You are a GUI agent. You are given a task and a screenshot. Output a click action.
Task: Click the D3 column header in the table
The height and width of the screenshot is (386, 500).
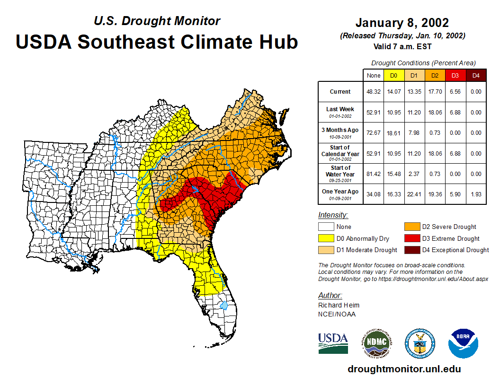(x=455, y=75)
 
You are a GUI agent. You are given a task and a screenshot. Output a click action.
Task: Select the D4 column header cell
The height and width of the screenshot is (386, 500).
(x=476, y=75)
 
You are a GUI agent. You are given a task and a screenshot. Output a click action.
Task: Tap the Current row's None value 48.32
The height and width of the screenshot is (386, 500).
(x=374, y=92)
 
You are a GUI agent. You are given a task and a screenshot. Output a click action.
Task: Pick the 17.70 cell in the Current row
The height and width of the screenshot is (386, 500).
(x=435, y=92)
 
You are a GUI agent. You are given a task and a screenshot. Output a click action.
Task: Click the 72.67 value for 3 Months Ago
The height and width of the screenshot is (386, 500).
(x=374, y=133)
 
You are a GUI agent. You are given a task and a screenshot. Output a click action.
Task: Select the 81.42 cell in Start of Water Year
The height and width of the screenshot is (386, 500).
(x=374, y=174)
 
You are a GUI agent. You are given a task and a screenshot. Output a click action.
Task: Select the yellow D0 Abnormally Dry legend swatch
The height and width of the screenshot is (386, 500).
(x=326, y=238)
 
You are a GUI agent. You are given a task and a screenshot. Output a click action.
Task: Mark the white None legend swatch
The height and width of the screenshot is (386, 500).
(x=326, y=227)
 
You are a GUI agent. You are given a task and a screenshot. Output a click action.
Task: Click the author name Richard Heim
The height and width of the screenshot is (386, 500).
(x=339, y=305)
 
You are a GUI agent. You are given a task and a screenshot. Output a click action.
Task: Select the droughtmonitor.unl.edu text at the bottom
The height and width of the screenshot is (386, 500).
(x=404, y=369)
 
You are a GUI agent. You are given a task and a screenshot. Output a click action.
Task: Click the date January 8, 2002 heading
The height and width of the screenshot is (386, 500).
(x=402, y=23)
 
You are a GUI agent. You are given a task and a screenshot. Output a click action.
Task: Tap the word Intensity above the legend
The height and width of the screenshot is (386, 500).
(x=333, y=215)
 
